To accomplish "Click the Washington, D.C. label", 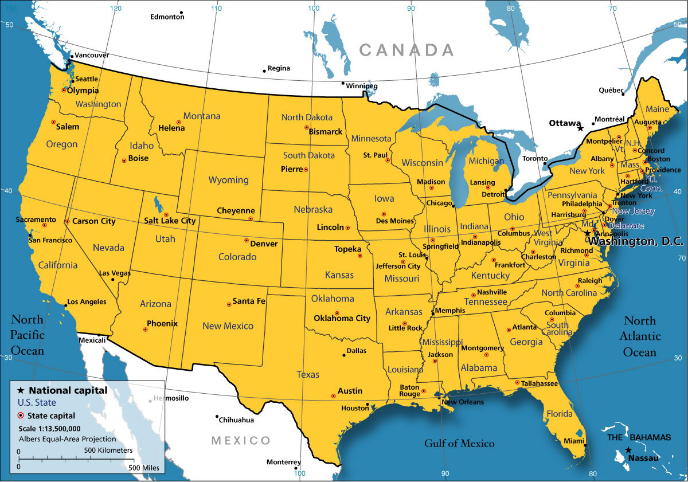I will click(x=636, y=242).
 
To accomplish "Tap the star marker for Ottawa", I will click(x=580, y=128).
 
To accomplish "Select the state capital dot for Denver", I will click(x=247, y=240).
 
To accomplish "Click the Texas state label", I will click(x=308, y=374).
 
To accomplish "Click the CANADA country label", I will click(x=406, y=50).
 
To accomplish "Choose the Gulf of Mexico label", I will click(x=459, y=443).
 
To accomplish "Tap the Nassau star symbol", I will click(x=628, y=450).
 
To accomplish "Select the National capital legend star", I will click(x=21, y=390).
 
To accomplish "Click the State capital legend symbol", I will click(x=21, y=416).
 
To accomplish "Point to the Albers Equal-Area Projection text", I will click(x=67, y=439).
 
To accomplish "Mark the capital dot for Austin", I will click(x=334, y=396).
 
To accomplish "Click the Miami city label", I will click(x=573, y=441).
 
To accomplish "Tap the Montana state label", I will click(x=202, y=116).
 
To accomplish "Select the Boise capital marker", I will click(x=124, y=160).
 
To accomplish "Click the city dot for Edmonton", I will click(x=181, y=12).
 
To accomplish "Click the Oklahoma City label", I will click(x=342, y=318).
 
